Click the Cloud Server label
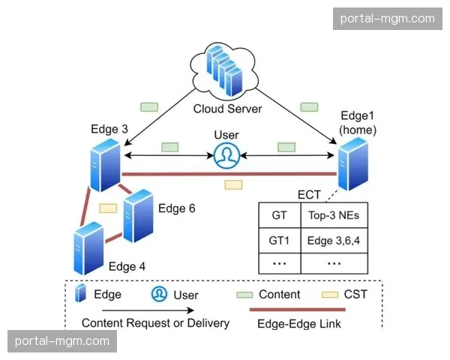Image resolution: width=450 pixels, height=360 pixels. point(227,109)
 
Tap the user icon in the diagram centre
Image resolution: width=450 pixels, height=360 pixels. point(225,156)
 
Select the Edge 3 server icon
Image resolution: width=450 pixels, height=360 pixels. point(104,163)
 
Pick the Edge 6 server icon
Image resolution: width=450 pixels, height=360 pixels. point(138,216)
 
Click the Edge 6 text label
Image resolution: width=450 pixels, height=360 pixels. point(176,208)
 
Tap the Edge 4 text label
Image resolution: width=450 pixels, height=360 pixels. point(127,266)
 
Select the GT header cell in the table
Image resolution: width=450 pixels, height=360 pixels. point(279,216)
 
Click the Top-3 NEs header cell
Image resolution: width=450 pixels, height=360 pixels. point(334,216)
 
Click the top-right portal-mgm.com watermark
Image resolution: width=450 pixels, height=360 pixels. point(387,19)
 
